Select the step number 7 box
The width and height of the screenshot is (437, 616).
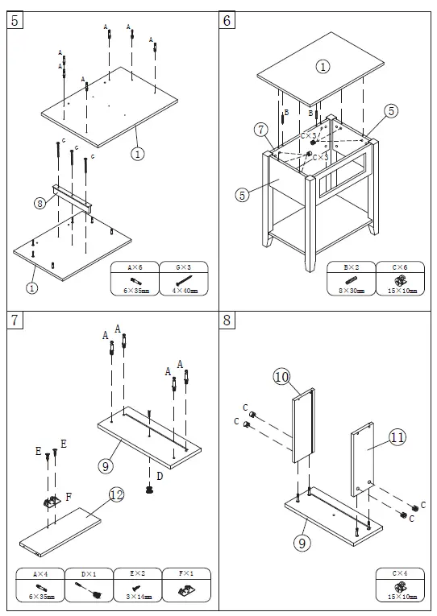pos(15,320)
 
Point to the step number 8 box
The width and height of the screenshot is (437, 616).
pos(228,320)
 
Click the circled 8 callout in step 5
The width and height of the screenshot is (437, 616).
pos(40,204)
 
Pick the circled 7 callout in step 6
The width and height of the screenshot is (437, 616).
pos(260,129)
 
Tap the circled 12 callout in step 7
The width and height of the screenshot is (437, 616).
pos(116,495)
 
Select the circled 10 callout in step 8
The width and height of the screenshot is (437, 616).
pos(281,376)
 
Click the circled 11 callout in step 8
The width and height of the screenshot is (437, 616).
pos(397,437)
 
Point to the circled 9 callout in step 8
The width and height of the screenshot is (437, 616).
pos(302,543)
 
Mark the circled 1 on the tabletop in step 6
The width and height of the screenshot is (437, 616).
pos(323,67)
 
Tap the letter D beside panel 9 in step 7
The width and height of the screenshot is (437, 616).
pos(160,476)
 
